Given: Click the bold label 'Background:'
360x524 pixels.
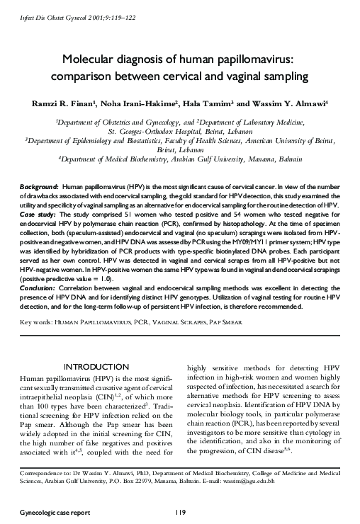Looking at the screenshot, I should [39, 184].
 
